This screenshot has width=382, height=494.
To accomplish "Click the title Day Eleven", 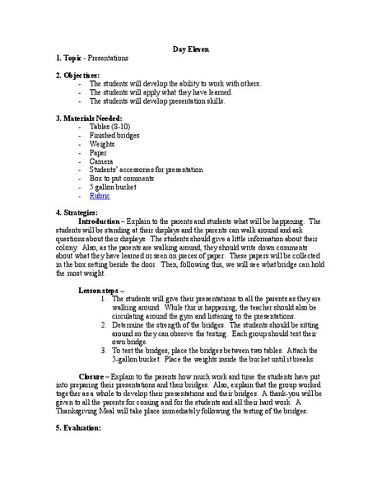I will tap(191, 49).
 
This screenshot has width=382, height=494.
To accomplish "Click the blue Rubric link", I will tap(100, 196).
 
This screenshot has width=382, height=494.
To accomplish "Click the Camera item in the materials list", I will tap(102, 161).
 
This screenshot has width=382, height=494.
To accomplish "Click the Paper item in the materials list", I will tap(99, 153).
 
